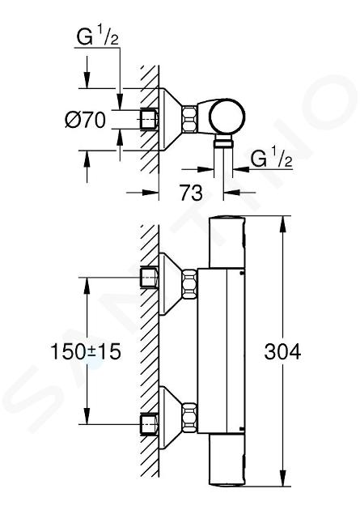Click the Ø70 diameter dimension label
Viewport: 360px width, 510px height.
(86, 120)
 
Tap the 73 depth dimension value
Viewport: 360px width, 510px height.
(192, 193)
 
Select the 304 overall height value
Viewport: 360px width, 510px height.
(282, 351)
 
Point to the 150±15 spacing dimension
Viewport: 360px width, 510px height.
(86, 351)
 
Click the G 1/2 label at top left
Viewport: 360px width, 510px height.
(97, 36)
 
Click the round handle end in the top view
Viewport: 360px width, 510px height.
(227, 116)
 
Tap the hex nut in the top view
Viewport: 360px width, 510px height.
(190, 119)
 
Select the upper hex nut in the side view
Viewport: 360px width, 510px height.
(190, 285)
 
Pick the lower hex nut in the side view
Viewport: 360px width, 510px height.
(190, 417)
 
